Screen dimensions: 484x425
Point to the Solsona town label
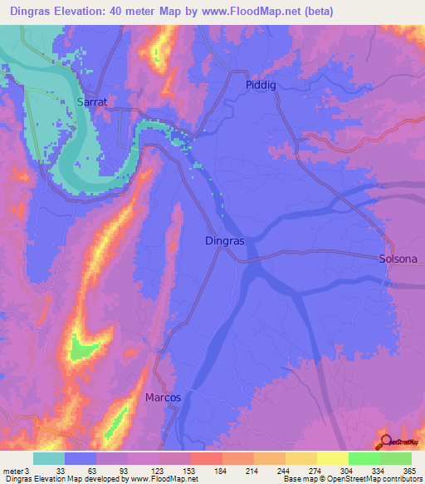click(398, 259)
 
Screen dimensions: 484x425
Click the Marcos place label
click(164, 398)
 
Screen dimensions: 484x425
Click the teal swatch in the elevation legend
click(49, 458)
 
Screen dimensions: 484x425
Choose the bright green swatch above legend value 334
click(364, 458)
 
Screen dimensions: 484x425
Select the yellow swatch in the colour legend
click(333, 458)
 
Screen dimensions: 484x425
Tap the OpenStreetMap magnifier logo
click(385, 442)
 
